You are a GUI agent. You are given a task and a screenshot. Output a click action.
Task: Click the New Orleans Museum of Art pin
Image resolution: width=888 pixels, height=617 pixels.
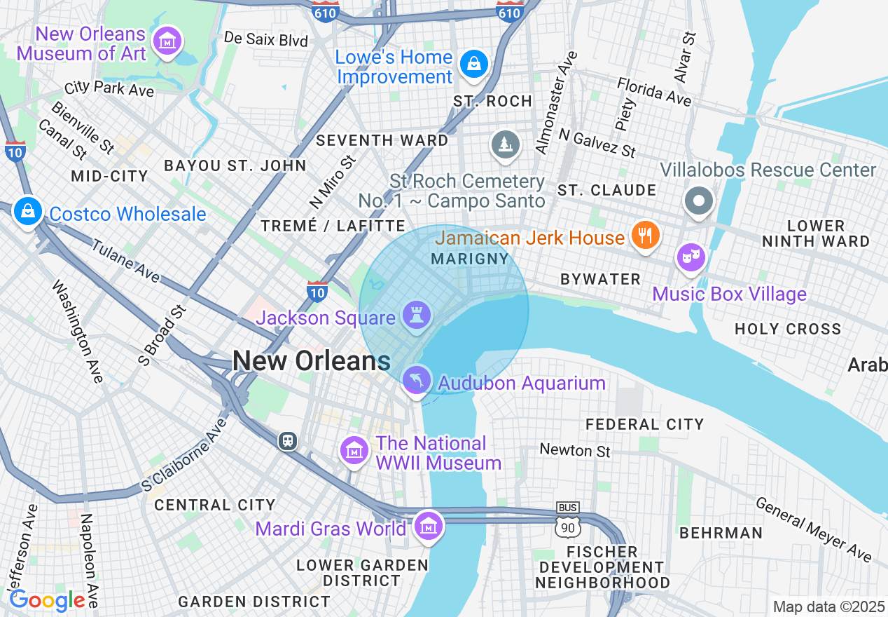coord(167,41)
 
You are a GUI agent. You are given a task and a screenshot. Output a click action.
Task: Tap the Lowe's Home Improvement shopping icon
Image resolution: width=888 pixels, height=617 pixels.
coord(474,65)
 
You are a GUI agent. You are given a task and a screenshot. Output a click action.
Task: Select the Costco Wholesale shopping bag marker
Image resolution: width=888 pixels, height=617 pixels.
coord(27,210)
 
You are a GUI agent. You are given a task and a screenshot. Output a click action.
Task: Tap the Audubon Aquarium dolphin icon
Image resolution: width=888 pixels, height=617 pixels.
coord(417,380)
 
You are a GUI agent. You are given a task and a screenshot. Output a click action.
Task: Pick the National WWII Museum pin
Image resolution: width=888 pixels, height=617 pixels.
coord(354,449)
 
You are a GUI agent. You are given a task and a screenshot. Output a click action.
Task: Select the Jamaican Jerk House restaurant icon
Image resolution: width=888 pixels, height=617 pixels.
coord(644,236)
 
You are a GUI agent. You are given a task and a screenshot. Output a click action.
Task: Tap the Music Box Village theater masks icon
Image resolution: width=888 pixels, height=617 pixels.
coord(691,259)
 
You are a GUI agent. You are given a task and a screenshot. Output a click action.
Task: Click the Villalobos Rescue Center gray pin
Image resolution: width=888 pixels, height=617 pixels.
coord(698,201)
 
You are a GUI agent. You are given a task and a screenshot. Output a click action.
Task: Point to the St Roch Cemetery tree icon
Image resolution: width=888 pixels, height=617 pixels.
coord(505,144)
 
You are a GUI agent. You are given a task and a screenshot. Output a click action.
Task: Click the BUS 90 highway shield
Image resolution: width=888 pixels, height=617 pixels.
coord(567,520)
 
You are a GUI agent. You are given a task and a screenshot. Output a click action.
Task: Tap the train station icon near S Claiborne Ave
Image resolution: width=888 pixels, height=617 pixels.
coord(287,440)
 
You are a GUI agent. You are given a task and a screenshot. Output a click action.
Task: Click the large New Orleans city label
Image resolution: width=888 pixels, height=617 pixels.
coord(311,360)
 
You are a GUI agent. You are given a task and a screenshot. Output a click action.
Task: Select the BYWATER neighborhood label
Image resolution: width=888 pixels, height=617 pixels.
coord(600,279)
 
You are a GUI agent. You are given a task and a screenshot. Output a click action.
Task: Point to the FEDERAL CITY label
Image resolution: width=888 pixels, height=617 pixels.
coord(644,424)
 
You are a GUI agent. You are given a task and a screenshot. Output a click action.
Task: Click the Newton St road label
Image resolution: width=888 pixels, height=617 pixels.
coord(575,450)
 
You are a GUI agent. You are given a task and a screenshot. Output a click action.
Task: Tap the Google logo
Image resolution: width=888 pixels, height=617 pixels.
coord(48,600)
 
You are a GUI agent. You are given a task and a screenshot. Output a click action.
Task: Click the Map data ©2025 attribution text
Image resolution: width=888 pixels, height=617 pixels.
coord(828,606)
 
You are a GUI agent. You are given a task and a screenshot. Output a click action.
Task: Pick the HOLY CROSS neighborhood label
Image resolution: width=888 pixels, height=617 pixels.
coord(787,329)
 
